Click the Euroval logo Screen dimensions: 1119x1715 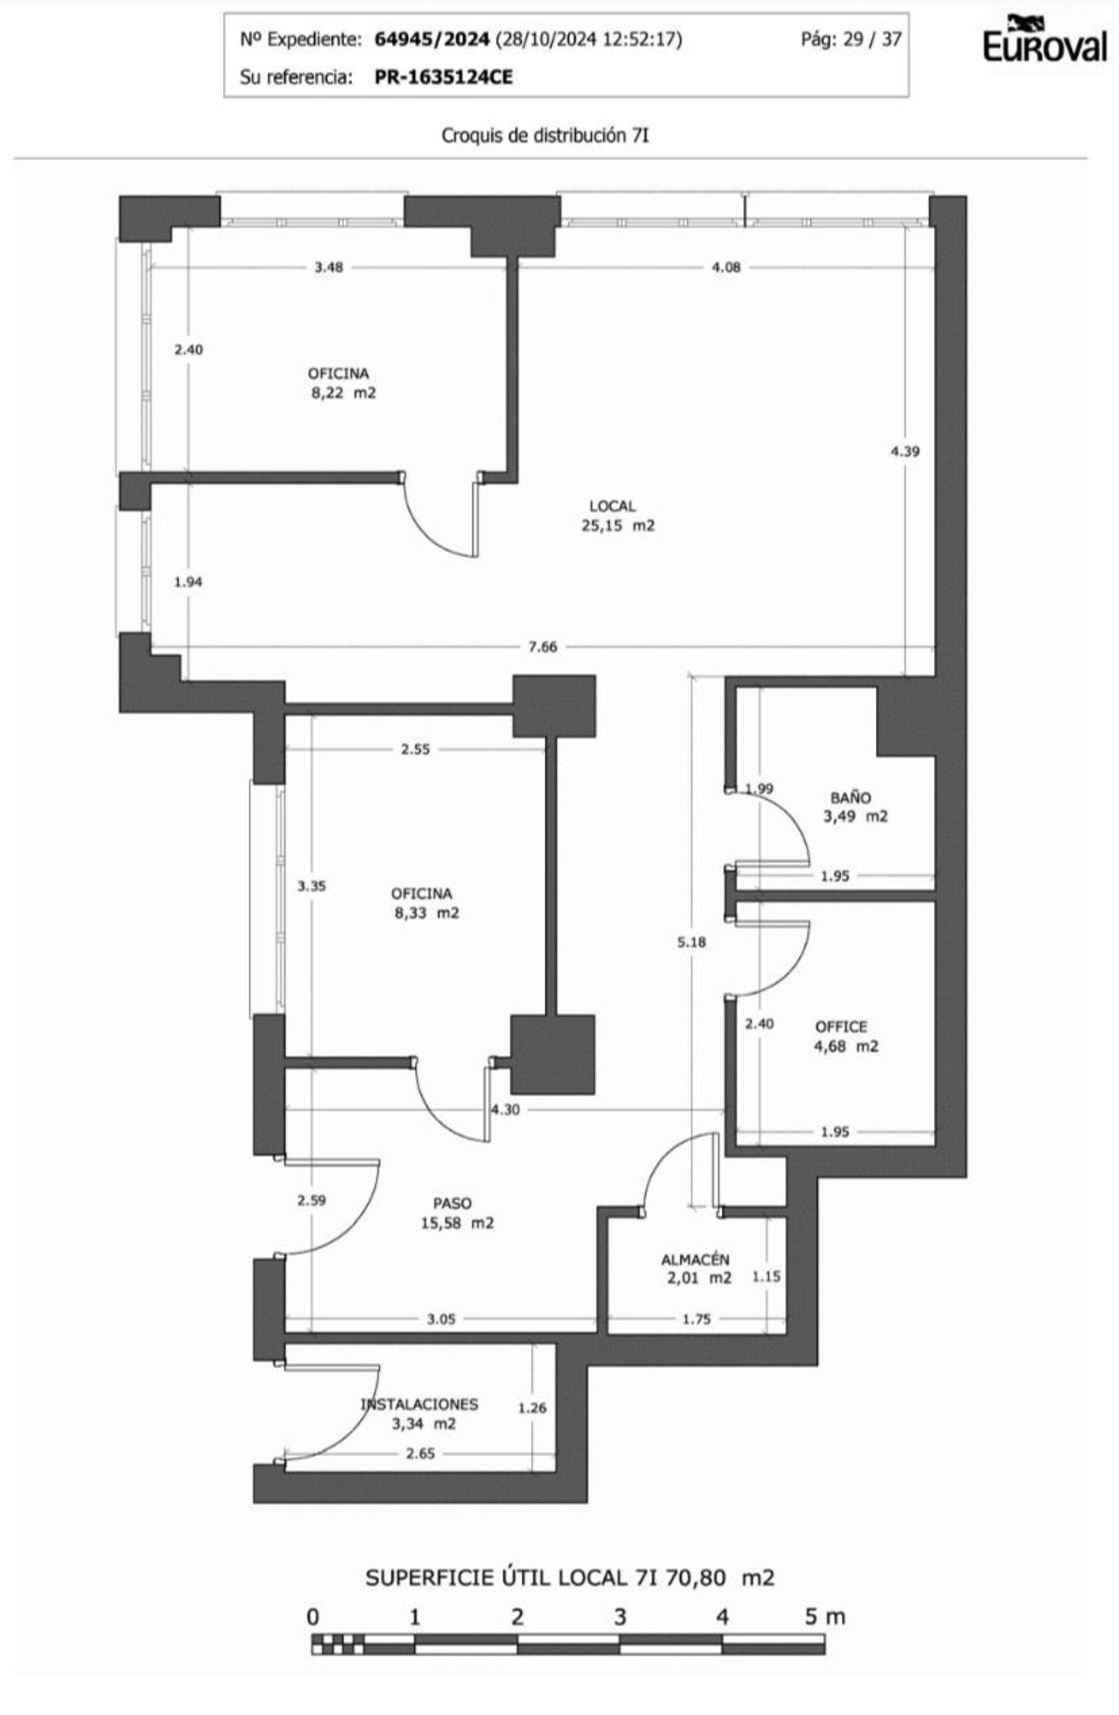(1044, 39)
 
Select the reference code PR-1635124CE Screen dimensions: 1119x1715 (444, 77)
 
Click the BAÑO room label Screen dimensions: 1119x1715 (850, 797)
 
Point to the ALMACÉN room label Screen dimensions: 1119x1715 (695, 1259)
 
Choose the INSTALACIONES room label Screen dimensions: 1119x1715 (419, 1404)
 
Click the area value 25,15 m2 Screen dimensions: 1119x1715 (618, 525)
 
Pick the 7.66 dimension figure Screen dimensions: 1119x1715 (542, 647)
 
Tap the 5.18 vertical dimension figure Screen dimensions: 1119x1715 (692, 942)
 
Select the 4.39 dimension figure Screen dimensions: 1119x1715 (905, 451)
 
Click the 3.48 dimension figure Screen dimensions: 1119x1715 (328, 267)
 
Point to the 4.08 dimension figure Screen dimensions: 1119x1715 (726, 267)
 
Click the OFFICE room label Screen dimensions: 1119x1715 (841, 1026)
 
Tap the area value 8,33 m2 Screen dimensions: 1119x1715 (427, 912)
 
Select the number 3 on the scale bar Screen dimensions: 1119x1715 (620, 1617)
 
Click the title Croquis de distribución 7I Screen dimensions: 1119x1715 (545, 136)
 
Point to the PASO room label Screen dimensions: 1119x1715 (453, 1203)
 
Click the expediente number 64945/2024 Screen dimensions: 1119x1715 (432, 40)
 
